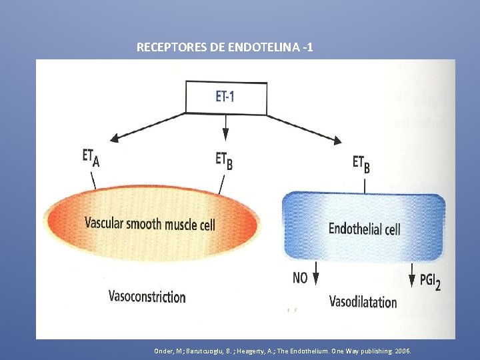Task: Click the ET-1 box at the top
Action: point(225,97)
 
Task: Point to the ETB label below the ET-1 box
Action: point(225,160)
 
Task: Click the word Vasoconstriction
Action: point(147,296)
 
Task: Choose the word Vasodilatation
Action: point(363,301)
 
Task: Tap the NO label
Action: point(300,277)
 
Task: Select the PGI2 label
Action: point(430,281)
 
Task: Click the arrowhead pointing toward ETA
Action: point(115,138)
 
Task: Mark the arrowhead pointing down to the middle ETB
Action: point(225,137)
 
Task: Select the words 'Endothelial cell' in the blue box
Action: point(364,229)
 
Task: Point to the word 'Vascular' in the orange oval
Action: point(105,223)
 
